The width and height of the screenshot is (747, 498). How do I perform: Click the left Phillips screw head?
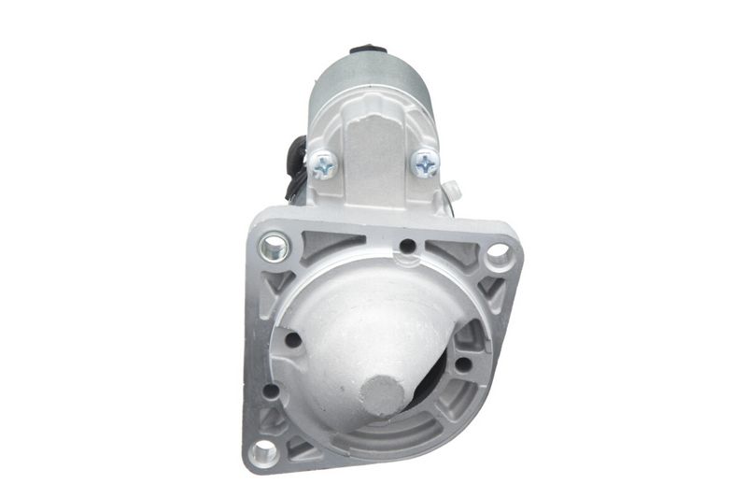click(x=324, y=165)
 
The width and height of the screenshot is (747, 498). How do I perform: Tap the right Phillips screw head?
click(x=425, y=163)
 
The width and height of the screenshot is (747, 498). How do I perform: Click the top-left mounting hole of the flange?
click(x=272, y=247)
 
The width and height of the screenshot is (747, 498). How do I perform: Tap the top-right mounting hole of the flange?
click(x=498, y=252)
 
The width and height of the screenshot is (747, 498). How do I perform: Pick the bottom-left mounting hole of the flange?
click(x=264, y=452)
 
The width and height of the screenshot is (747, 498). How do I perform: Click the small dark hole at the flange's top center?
click(x=407, y=247)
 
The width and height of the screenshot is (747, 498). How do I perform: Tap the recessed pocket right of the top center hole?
click(x=448, y=250)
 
